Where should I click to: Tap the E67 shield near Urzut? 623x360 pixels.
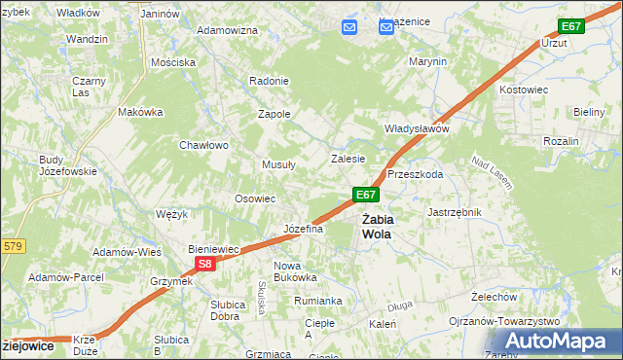(571, 26)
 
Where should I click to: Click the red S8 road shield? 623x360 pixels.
(203, 264)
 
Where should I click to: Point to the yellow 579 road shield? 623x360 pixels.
(12, 247)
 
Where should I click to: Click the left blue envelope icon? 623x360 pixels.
(349, 27)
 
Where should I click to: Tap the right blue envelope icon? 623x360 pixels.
(385, 27)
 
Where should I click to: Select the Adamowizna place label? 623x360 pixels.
(227, 30)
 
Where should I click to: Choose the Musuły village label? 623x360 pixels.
(278, 164)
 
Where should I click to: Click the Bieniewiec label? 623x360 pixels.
(214, 249)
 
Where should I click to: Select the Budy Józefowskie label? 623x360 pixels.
(67, 165)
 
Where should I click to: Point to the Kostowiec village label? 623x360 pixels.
(527, 90)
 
